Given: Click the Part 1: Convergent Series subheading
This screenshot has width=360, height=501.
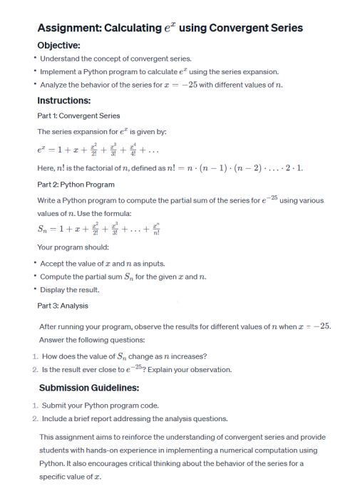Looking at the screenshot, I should click(x=78, y=115).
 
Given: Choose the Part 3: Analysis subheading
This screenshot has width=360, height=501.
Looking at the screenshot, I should click(x=63, y=305).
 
